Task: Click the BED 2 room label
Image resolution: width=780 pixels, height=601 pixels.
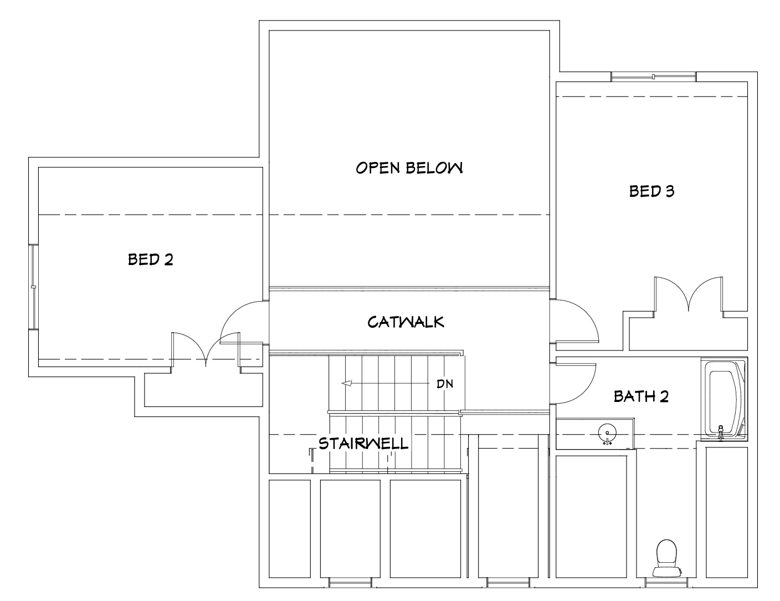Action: [150, 259]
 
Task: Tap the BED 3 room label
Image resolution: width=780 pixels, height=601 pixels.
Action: [651, 191]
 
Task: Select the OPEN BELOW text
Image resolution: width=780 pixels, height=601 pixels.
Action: [409, 168]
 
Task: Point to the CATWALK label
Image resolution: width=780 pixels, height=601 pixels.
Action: [406, 322]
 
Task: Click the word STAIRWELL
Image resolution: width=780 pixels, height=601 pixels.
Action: [363, 443]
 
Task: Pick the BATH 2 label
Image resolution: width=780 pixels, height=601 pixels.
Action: [641, 396]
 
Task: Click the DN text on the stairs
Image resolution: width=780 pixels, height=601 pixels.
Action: [445, 384]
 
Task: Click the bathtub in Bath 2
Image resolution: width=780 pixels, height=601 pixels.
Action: [722, 398]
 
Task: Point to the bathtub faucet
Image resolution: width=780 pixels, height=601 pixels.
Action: [721, 432]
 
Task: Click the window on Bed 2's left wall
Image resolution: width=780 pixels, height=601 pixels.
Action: [34, 287]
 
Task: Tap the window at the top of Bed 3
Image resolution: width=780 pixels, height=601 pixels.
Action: [654, 77]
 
